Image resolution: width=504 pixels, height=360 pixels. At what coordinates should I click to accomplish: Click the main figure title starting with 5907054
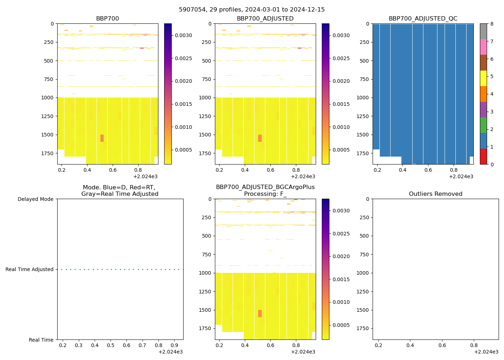click(x=252, y=10)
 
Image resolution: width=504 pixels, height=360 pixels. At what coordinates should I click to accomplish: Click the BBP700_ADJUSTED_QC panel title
click(x=423, y=19)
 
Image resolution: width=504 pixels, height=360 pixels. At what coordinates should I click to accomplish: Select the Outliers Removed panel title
click(x=436, y=194)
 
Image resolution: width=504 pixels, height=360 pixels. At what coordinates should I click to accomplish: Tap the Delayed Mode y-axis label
click(x=35, y=199)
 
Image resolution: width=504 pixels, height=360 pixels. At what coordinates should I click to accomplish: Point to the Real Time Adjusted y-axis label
click(x=29, y=269)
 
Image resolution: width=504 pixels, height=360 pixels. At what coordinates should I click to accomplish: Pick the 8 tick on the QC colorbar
click(x=492, y=24)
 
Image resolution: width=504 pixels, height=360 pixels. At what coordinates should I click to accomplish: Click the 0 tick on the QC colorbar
click(x=492, y=164)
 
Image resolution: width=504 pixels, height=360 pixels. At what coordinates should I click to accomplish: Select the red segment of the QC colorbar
click(x=483, y=157)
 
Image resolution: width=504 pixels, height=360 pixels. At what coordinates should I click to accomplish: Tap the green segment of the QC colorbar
click(x=483, y=125)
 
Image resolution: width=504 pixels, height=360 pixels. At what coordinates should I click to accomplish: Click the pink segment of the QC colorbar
click(x=483, y=47)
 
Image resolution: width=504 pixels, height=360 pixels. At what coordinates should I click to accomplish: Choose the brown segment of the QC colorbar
click(x=483, y=63)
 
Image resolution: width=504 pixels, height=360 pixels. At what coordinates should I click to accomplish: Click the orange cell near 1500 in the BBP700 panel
click(x=102, y=138)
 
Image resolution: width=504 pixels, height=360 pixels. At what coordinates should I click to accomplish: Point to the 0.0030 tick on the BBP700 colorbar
click(x=184, y=35)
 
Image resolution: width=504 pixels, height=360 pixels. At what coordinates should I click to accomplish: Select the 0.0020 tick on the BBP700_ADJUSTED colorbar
click(x=341, y=81)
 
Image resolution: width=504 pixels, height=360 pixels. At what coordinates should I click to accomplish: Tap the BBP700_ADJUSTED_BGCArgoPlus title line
click(x=265, y=187)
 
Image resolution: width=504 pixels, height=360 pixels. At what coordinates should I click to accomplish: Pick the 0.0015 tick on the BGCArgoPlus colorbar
click(x=341, y=279)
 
